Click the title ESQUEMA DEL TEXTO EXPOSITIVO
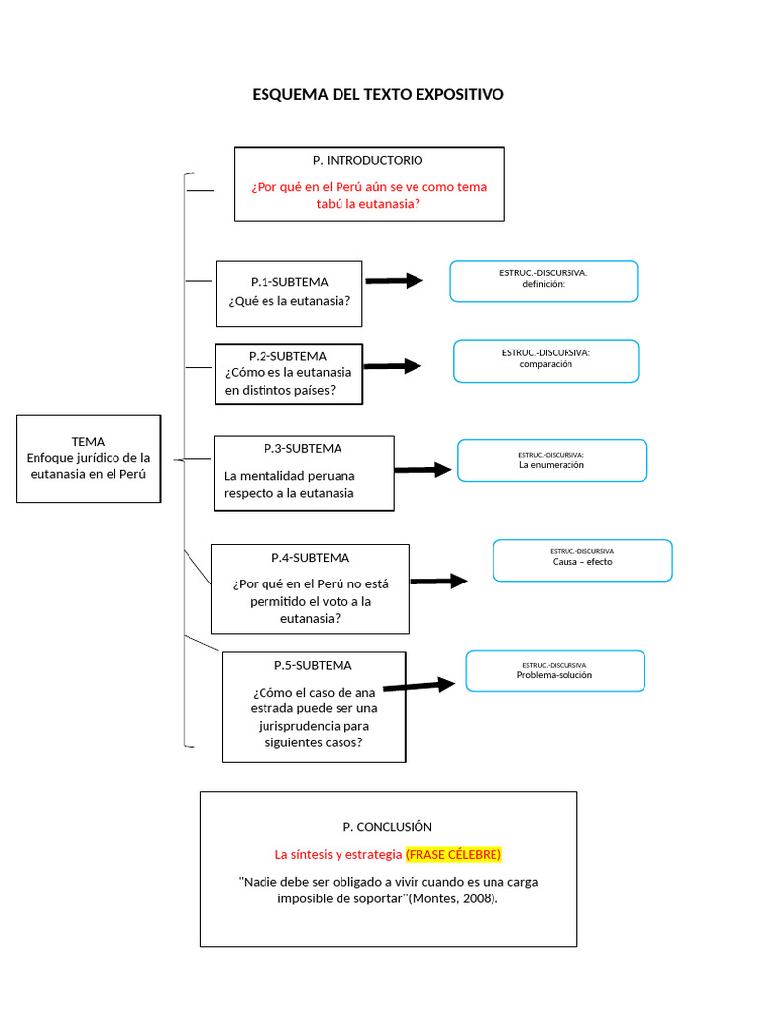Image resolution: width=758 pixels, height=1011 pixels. pos(378,94)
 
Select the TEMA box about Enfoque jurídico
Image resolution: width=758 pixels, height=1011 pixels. pos(88,458)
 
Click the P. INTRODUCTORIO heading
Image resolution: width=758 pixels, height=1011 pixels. pos(368,160)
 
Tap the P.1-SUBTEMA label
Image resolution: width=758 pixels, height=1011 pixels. pos(289,281)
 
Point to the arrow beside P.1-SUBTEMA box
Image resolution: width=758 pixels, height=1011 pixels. pos(393,281)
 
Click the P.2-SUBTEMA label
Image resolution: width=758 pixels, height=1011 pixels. pos(287,355)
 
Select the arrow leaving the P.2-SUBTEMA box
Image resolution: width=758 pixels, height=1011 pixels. pos(392,366)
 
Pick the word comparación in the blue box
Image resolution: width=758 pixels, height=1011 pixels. pos(546,364)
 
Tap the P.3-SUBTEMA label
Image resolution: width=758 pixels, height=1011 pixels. pos(303,448)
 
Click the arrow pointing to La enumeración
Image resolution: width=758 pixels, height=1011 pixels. pos(422,470)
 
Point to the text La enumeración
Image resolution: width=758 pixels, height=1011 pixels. pos(552,464)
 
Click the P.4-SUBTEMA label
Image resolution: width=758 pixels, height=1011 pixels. pos(310,558)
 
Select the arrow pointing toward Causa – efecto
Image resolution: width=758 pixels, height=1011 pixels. pos(438,582)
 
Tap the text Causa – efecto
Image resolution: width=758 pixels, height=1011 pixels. pos(582,562)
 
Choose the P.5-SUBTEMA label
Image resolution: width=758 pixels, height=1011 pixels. pos(313,665)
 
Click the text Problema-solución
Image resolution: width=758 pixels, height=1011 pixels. pos(555,676)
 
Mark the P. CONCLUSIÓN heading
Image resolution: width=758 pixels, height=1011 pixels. pos(388,827)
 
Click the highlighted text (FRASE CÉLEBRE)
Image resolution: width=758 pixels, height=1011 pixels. pos(453,853)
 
